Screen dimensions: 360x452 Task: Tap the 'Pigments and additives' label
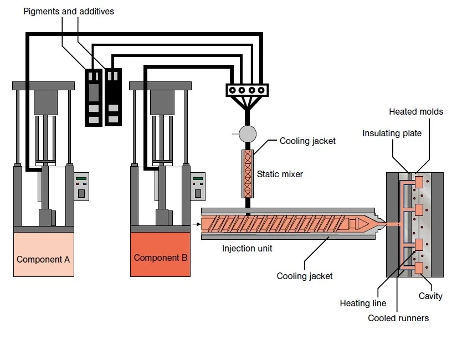(x=69, y=11)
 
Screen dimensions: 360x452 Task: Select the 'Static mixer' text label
(x=280, y=174)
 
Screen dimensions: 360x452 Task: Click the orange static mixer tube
(x=248, y=173)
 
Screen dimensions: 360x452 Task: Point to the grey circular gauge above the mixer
(x=247, y=133)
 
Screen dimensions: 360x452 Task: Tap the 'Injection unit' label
(x=247, y=248)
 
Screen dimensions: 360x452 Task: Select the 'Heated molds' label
(x=416, y=111)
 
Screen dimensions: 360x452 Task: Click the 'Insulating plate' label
(x=392, y=133)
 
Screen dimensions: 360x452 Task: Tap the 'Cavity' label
(x=430, y=296)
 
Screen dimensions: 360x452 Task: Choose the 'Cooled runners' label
(x=398, y=318)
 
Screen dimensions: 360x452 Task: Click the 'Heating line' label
(x=362, y=303)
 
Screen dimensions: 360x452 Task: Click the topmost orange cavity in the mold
(x=419, y=182)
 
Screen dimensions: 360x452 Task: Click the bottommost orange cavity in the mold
(x=419, y=268)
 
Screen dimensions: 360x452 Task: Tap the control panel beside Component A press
(x=82, y=187)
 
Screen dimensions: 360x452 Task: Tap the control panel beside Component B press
(x=198, y=187)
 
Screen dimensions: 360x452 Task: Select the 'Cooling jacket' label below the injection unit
(x=305, y=276)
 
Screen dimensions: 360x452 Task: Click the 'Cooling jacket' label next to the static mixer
(x=307, y=141)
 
